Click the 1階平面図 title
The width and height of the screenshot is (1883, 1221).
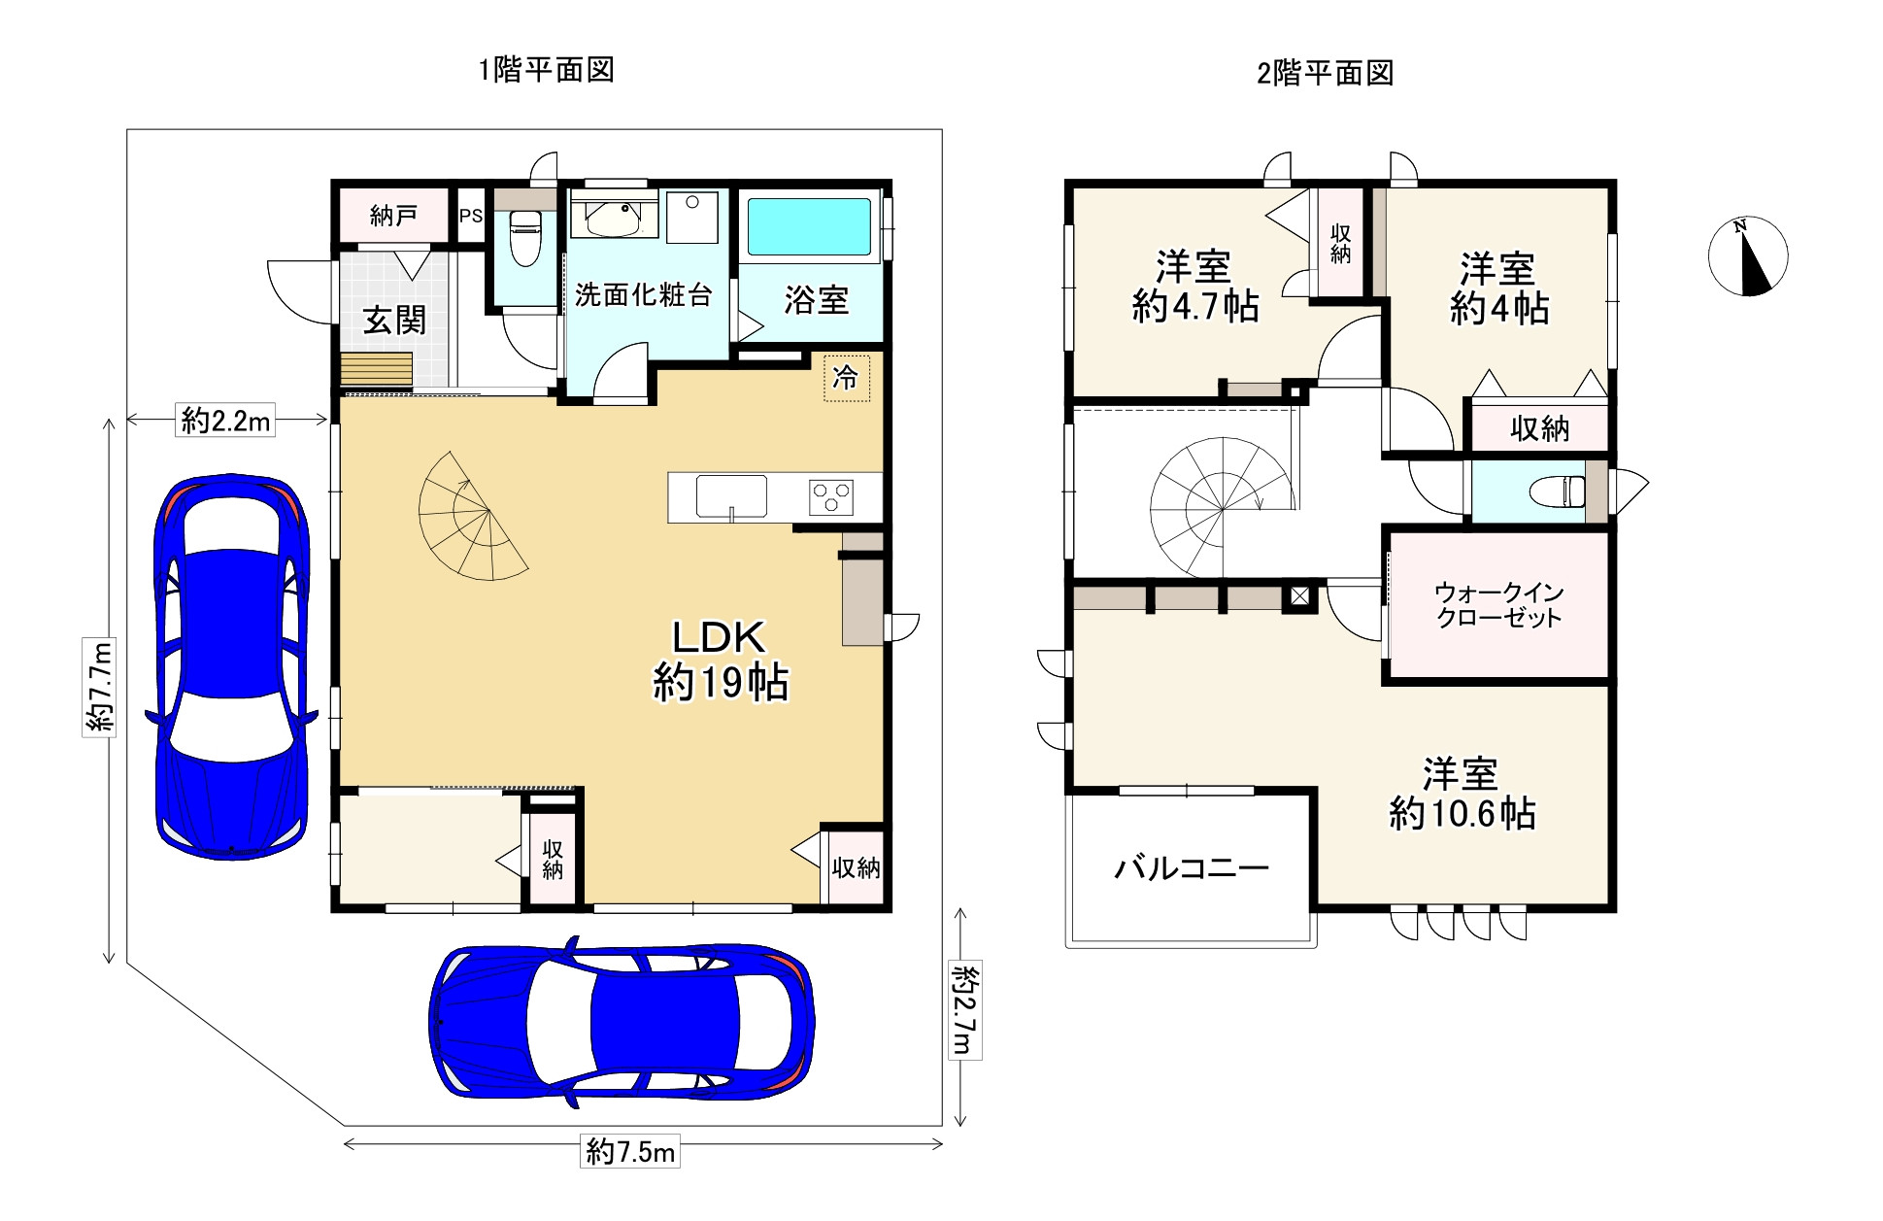coord(546,70)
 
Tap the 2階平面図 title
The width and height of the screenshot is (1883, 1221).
coord(1326,73)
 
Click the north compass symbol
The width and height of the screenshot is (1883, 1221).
coord(1748,256)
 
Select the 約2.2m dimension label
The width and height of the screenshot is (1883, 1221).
coord(225,422)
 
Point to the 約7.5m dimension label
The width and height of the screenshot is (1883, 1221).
coord(630,1152)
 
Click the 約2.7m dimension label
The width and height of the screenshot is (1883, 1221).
coord(964,1011)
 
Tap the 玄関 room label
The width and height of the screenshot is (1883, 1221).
coord(394,320)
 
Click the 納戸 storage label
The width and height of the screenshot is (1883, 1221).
coord(393,215)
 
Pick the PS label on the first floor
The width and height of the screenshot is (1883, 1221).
coord(471,216)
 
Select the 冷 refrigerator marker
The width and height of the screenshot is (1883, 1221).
coord(846,377)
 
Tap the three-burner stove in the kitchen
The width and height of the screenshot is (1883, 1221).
coord(831,497)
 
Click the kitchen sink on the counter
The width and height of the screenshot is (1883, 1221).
coord(731,496)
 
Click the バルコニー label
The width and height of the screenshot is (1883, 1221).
coord(1192,867)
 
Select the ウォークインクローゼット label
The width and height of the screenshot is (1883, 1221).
coord(1498,605)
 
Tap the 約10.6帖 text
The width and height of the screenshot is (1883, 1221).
coord(1462,814)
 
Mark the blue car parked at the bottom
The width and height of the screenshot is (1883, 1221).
coord(622,1022)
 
